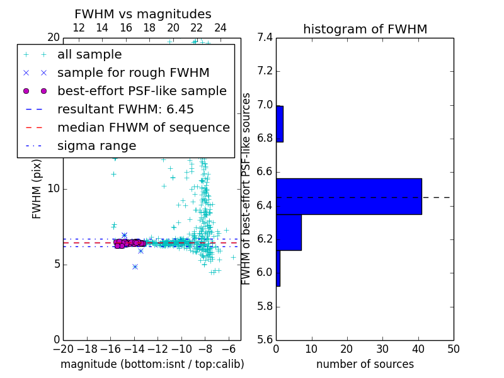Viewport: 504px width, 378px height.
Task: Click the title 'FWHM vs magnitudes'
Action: click(143, 14)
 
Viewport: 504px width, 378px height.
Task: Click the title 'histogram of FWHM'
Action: click(365, 29)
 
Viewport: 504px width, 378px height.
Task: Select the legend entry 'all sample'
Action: click(89, 55)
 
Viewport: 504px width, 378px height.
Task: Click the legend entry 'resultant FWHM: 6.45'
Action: click(125, 109)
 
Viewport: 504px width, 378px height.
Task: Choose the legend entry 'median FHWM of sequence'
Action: click(143, 127)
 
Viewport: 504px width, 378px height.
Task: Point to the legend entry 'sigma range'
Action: click(96, 146)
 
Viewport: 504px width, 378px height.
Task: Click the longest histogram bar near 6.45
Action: click(348, 197)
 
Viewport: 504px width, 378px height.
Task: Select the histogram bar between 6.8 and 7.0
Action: click(280, 124)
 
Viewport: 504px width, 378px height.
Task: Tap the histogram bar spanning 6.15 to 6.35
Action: click(289, 232)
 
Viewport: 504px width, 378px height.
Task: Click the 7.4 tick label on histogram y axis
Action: click(265, 38)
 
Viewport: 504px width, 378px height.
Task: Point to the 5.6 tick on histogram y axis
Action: click(265, 340)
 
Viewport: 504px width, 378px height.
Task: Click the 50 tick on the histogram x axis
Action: click(453, 348)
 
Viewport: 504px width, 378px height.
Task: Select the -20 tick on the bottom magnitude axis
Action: click(63, 348)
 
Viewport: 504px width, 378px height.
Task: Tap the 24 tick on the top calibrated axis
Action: click(220, 28)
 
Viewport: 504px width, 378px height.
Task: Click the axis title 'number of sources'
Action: click(365, 364)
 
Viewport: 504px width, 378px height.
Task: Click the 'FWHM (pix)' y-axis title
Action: click(37, 188)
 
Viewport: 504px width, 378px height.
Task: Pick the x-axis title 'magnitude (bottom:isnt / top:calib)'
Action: click(152, 364)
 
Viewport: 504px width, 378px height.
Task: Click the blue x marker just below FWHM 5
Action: click(135, 266)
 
